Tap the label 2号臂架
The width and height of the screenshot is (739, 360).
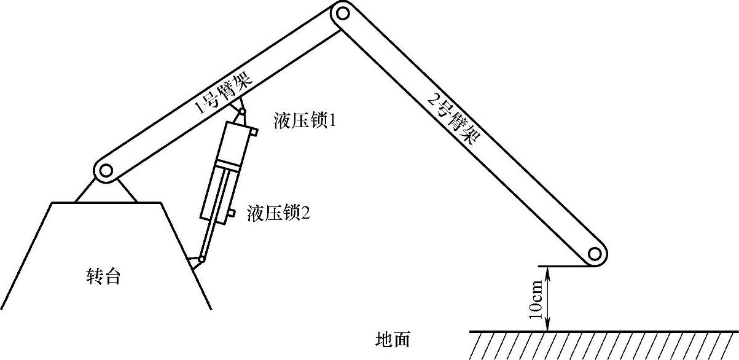tap(452, 116)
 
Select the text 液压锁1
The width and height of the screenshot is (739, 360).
tap(304, 121)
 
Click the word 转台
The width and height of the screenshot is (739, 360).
tap(103, 277)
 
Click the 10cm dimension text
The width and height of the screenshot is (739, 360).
tap(536, 299)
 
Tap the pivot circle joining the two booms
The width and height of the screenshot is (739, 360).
tap(342, 12)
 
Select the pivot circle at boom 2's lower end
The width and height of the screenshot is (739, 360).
tap(593, 253)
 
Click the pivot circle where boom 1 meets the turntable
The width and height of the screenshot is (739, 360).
tap(104, 170)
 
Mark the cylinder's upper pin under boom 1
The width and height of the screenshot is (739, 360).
tap(243, 113)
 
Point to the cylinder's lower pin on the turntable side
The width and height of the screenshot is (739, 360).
tap(201, 260)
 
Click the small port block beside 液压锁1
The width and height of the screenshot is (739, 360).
tap(253, 131)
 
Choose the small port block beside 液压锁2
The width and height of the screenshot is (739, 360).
tap(231, 213)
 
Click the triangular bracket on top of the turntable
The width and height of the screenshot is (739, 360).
tap(106, 191)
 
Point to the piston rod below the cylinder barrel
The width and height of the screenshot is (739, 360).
tap(209, 240)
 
